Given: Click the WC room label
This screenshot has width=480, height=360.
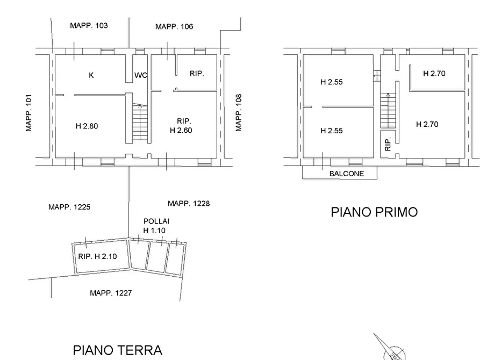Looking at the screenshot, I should [141, 75].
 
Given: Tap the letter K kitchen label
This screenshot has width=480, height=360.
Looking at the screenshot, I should [91, 75].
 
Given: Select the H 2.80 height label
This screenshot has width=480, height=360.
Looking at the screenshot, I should [87, 126].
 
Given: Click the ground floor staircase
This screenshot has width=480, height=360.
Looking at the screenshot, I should [140, 123].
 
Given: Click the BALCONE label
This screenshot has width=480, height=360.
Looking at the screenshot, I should [346, 174].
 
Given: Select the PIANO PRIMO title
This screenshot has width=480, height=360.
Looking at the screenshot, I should [374, 212].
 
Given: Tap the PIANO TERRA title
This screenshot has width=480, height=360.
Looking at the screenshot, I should [117, 350].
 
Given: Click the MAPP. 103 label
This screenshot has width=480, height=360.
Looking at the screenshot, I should [89, 25].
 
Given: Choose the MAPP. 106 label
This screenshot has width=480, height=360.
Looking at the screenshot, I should [174, 26].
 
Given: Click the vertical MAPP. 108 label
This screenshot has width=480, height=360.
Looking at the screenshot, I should [239, 113].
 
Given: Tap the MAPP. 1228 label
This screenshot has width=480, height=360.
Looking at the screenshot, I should [189, 203].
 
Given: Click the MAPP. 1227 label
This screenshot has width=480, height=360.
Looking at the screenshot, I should [111, 293].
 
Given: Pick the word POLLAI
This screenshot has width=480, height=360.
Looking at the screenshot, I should [156, 221].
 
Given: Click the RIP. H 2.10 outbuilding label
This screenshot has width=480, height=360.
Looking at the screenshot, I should [97, 256].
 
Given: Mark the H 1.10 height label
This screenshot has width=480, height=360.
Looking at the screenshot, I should [154, 231].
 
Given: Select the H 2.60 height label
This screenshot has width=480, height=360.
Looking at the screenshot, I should [181, 130].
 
